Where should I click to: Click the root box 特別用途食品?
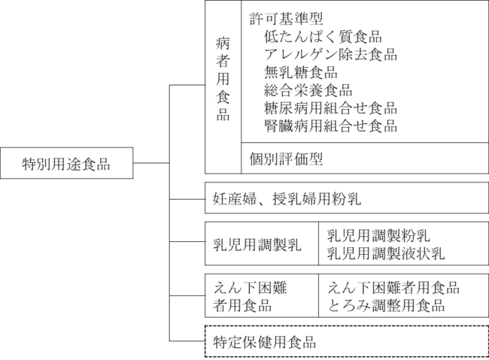pos(67,163)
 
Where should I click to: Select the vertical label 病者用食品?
pos(223,79)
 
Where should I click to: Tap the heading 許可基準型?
pos(286,19)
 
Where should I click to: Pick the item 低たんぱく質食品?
pos(323,37)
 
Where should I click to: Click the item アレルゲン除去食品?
pos(330,54)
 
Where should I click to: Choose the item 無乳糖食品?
pos(301,72)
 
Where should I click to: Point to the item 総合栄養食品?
pos(308,90)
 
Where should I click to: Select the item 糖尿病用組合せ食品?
pos(330,108)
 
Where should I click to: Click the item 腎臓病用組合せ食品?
pos(330,126)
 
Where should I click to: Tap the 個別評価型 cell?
pos(365,158)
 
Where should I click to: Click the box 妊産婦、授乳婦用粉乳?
pos(347,198)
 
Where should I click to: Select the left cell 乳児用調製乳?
pos(262,244)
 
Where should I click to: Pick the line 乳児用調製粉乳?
pos(378,236)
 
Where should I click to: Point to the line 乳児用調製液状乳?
pos(386,253)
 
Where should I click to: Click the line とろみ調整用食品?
pos(386,305)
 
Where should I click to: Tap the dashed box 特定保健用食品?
pos(347,341)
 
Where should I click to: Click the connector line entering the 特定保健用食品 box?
pos(187,341)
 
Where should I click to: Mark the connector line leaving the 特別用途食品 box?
pos(151,162)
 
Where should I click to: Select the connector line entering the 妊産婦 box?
pos(187,199)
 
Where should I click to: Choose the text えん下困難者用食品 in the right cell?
pos(393,287)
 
